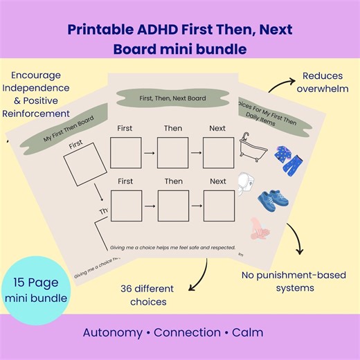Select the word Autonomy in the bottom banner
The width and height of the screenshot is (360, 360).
[x=113, y=332]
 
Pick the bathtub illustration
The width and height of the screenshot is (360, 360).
[x=250, y=147]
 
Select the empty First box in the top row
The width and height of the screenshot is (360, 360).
[x=125, y=152]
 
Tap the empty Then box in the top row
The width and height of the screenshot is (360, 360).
[x=172, y=152]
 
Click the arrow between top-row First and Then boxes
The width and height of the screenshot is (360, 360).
[x=149, y=152]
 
